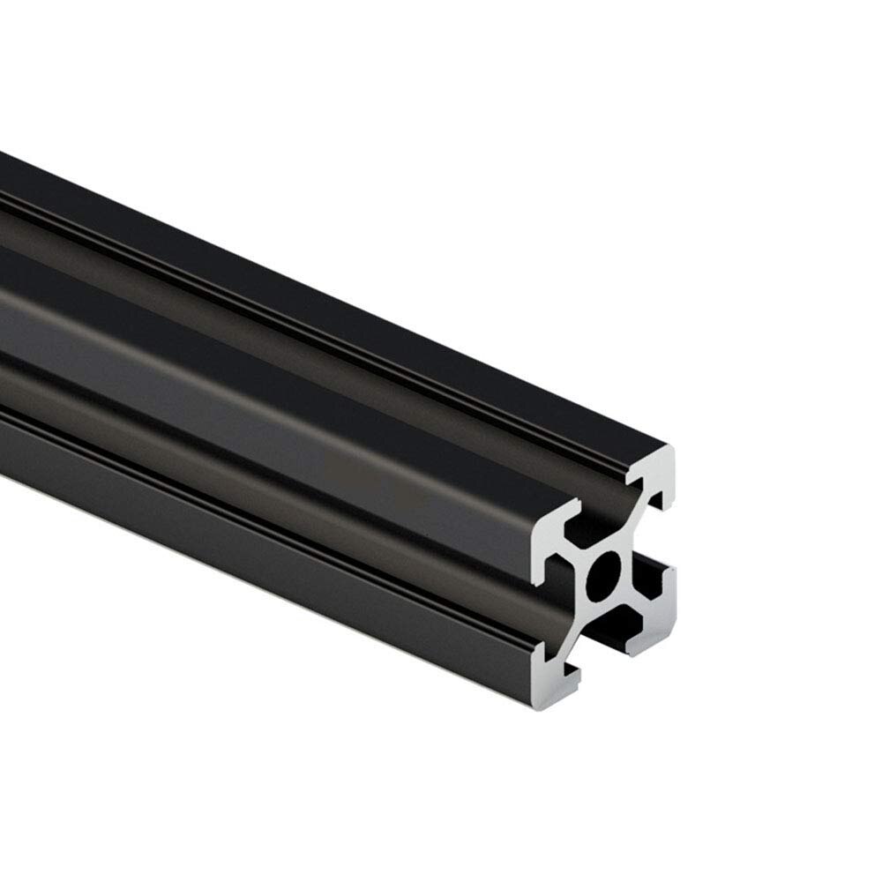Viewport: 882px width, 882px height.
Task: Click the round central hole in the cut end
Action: point(605,579)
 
